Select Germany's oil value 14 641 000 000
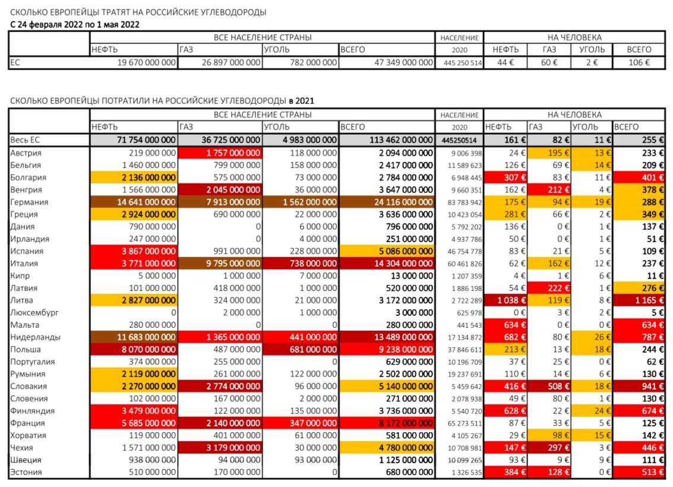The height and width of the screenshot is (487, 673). [x=142, y=202]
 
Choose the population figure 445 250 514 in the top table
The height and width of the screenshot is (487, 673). [x=459, y=62]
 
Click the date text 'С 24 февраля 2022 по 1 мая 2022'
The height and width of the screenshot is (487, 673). [x=75, y=24]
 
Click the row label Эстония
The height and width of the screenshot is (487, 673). [x=26, y=472]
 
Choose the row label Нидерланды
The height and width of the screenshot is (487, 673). [x=32, y=337]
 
